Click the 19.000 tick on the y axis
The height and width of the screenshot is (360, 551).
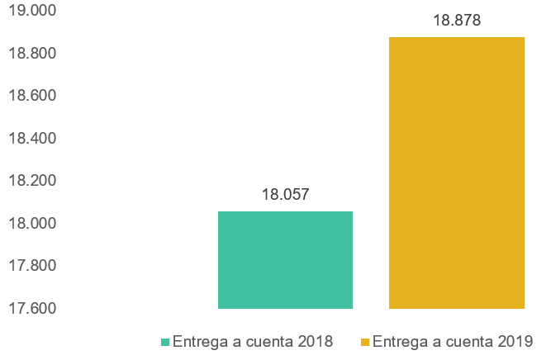(x=31, y=11)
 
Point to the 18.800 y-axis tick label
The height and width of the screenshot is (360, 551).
(x=31, y=54)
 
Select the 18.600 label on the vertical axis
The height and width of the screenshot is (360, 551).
(x=31, y=96)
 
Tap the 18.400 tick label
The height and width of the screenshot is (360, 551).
(x=31, y=138)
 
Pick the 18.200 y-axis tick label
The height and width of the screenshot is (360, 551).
(x=31, y=181)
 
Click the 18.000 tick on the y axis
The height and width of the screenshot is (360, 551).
(x=31, y=223)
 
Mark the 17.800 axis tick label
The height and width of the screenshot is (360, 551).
(x=31, y=266)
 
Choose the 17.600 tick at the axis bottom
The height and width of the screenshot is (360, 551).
(x=31, y=308)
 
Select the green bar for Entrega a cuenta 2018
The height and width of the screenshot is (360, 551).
(x=285, y=260)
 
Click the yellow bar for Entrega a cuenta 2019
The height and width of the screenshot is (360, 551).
(x=456, y=173)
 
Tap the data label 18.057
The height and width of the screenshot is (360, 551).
(x=285, y=195)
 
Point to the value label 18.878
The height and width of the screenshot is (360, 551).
(x=456, y=21)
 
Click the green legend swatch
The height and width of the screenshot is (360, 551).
(x=165, y=342)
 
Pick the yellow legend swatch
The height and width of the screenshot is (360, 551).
(x=365, y=342)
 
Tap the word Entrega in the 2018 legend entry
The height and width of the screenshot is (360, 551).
(x=198, y=341)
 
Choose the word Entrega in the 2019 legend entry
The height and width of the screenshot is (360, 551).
(x=398, y=341)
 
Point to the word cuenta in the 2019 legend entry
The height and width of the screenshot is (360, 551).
(x=468, y=341)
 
